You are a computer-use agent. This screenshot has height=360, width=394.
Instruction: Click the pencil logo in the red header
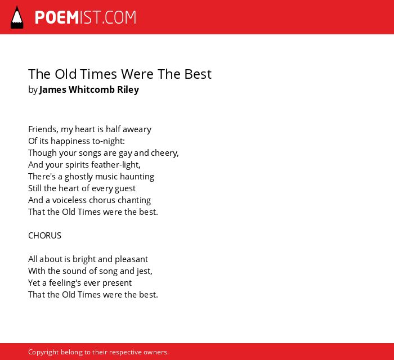coord(17,17)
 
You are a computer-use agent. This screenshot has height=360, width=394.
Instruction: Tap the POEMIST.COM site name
coord(86,17)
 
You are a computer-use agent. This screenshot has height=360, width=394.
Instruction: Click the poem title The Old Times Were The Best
coord(120,74)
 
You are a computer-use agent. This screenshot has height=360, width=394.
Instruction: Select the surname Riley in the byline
coord(128,90)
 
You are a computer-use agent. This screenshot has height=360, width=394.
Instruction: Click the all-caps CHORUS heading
coord(44,236)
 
